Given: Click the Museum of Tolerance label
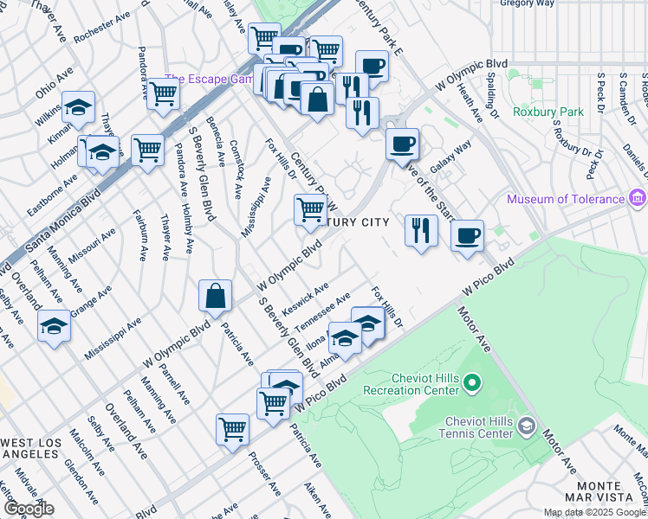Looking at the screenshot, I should pos(565,199).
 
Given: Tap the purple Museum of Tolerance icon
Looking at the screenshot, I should pos(638,199).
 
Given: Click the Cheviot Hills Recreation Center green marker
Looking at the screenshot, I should pos(471,381).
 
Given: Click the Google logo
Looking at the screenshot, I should pos(28,509).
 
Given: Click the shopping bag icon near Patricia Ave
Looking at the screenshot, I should pos(215,296).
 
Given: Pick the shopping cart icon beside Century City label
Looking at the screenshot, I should pos(310,209).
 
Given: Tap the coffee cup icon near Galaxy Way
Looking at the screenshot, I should pos(401,144).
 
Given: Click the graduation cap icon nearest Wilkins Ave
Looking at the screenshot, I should pos(78,108).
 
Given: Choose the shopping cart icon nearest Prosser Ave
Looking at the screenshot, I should pos(233,428).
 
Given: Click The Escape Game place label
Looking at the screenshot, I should pos(205,78).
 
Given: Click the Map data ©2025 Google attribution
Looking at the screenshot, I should pos(594,512).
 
